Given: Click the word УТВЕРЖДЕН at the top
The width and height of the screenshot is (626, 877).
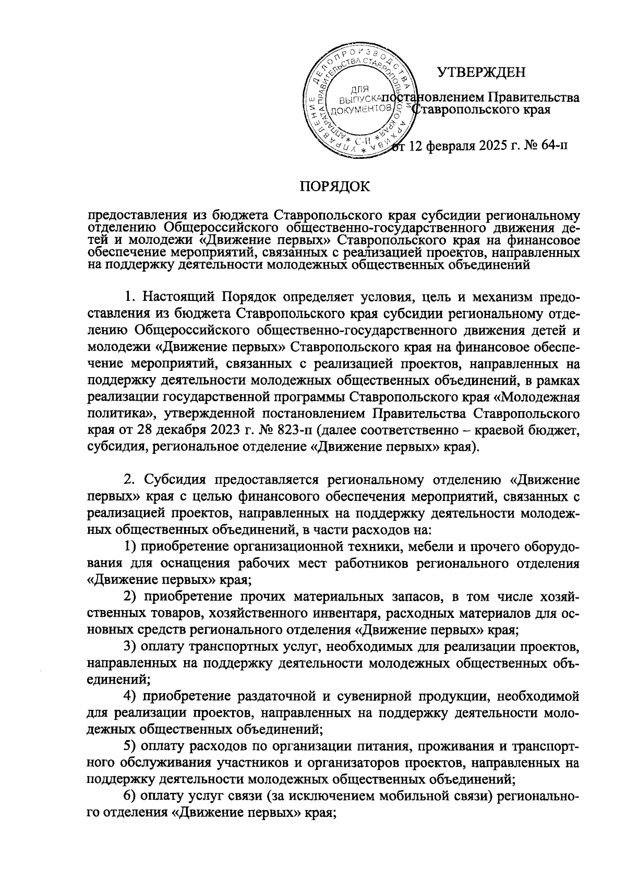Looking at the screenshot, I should (x=480, y=73).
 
